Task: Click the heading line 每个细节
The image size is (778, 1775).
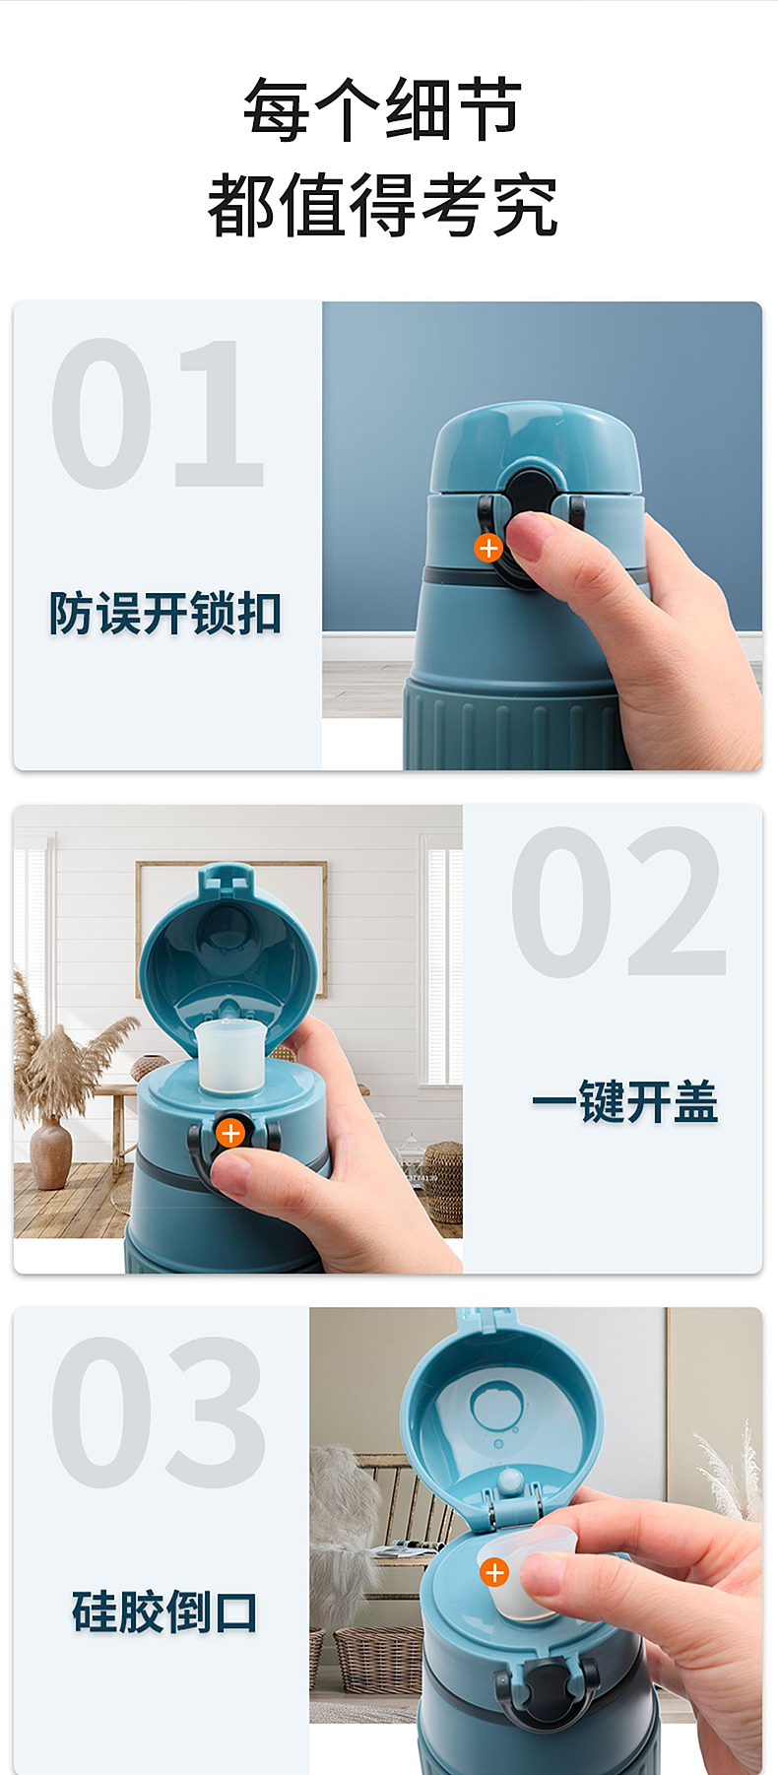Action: point(382,108)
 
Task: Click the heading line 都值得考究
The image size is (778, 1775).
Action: point(382,205)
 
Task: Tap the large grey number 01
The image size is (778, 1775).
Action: point(158,414)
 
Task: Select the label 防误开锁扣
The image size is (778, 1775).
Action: point(165,614)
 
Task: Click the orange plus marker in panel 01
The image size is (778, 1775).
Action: point(488,548)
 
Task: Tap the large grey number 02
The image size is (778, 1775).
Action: point(618,901)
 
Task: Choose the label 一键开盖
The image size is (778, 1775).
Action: point(624,1101)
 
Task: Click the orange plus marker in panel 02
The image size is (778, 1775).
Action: point(230,1133)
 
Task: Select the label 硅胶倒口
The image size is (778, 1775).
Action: point(164,1611)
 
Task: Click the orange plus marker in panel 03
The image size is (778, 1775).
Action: point(494,1573)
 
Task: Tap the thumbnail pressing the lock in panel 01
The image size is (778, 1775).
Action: point(537,537)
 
